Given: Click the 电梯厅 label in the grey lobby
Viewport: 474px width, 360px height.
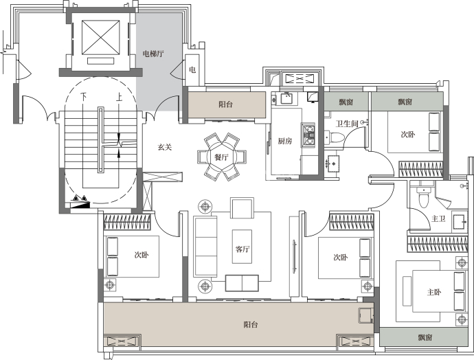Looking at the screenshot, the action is pos(153,54).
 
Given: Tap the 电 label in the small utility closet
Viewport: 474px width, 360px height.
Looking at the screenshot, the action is pos(192,70).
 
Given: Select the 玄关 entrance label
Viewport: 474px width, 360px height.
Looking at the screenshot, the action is pos(165,147).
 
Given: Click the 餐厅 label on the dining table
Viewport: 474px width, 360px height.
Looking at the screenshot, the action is pos(221,157).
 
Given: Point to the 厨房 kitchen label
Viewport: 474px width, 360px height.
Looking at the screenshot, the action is pos(285,141).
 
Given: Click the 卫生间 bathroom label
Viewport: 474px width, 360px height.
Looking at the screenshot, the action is pos(347,124).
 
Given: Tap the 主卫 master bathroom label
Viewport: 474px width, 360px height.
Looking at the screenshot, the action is pos(438,218).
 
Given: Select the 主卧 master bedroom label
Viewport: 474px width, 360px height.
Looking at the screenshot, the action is pos(434,292).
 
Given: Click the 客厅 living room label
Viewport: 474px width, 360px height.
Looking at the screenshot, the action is pos(242,249).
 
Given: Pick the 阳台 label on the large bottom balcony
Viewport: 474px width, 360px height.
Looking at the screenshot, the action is pos(251,325).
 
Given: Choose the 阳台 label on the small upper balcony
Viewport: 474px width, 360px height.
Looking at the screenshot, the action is pos(225,104).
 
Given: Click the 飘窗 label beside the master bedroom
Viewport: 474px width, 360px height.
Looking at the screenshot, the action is pos(425,337).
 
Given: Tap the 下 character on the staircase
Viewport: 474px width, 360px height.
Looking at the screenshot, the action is pos(83,97).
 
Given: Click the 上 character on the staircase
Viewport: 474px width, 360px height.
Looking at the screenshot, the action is pos(119,97).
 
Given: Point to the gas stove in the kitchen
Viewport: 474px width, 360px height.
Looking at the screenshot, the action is pos(308,135).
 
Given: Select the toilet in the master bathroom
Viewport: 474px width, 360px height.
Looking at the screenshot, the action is pos(424,196).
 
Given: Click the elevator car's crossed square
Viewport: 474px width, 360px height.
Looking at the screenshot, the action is pos(101,36).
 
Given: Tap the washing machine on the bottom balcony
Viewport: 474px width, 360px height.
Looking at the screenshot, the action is pos(365,316).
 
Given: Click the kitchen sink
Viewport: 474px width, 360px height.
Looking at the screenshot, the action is pos(286,98).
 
